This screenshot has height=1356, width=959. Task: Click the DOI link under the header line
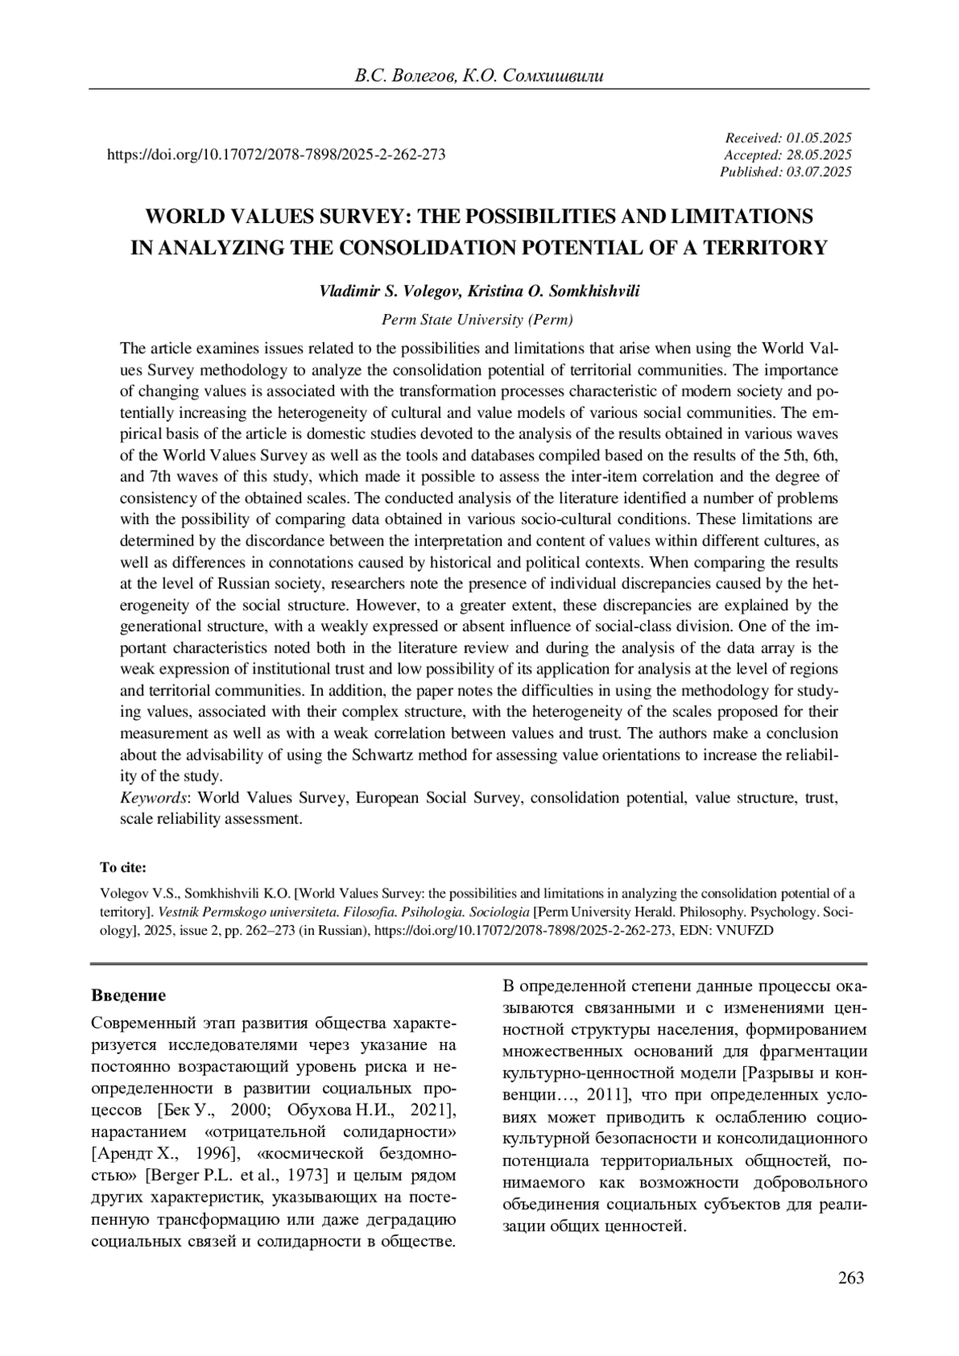[276, 155]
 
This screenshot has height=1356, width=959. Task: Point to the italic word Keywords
[153, 797]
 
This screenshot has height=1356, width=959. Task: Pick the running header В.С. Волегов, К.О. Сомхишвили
[479, 76]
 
